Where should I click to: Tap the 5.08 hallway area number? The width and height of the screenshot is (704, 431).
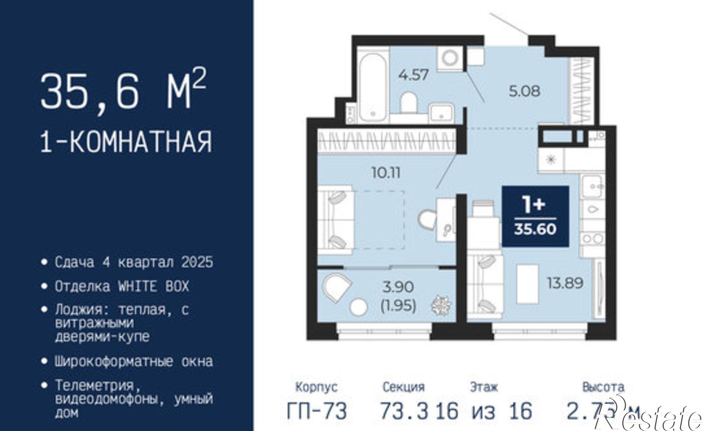pyautogui.click(x=524, y=91)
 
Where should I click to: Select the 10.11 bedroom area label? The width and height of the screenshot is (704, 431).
pyautogui.click(x=386, y=173)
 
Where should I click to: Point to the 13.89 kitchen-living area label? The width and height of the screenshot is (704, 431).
pyautogui.click(x=565, y=283)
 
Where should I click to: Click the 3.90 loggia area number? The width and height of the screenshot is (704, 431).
pyautogui.click(x=398, y=287)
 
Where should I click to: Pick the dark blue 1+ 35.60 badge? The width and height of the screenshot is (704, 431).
pyautogui.click(x=535, y=216)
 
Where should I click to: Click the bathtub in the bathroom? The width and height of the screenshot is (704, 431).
pyautogui.click(x=373, y=87)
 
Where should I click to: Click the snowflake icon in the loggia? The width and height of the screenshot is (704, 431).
pyautogui.click(x=441, y=305)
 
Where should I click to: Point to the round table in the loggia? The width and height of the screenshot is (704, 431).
pyautogui.click(x=359, y=307)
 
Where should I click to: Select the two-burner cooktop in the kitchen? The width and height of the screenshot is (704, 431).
pyautogui.click(x=593, y=239)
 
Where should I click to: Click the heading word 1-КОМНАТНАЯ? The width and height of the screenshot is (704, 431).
pyautogui.click(x=127, y=142)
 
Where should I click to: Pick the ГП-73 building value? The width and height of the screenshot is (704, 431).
pyautogui.click(x=317, y=411)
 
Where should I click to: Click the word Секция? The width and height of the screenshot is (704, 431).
pyautogui.click(x=404, y=387)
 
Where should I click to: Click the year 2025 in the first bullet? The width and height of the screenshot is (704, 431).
pyautogui.click(x=197, y=262)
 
